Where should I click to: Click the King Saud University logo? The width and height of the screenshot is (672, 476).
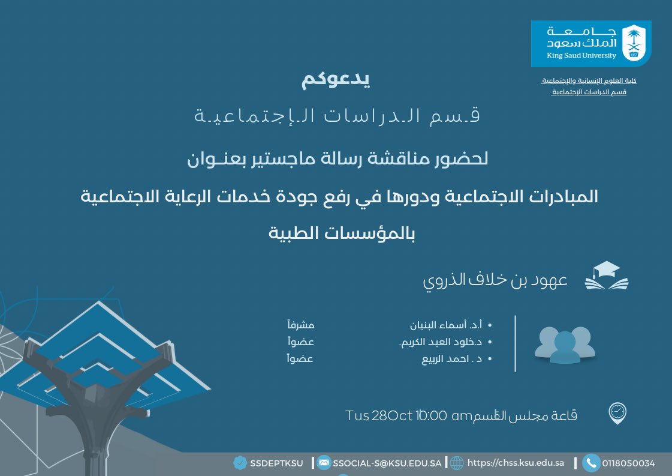590,43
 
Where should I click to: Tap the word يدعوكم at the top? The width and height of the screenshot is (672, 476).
336,80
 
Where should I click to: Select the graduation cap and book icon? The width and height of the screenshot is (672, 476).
607,276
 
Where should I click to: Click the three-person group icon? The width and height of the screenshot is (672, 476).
564,345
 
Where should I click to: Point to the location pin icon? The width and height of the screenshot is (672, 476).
617,413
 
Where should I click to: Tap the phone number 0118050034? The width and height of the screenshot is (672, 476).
628,463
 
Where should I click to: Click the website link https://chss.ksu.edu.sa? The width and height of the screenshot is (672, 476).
516,463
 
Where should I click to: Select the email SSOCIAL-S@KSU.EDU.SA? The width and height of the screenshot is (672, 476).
387,463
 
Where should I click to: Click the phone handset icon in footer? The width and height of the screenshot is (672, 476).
591,463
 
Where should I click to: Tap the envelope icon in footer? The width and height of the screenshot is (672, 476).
324,463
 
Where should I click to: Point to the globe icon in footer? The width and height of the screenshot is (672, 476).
457,463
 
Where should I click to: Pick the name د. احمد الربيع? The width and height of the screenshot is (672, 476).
450,359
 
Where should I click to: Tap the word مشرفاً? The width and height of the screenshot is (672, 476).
301,325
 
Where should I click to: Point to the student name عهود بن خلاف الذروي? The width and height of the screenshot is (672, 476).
495,280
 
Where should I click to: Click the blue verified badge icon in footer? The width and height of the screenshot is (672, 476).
240,463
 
